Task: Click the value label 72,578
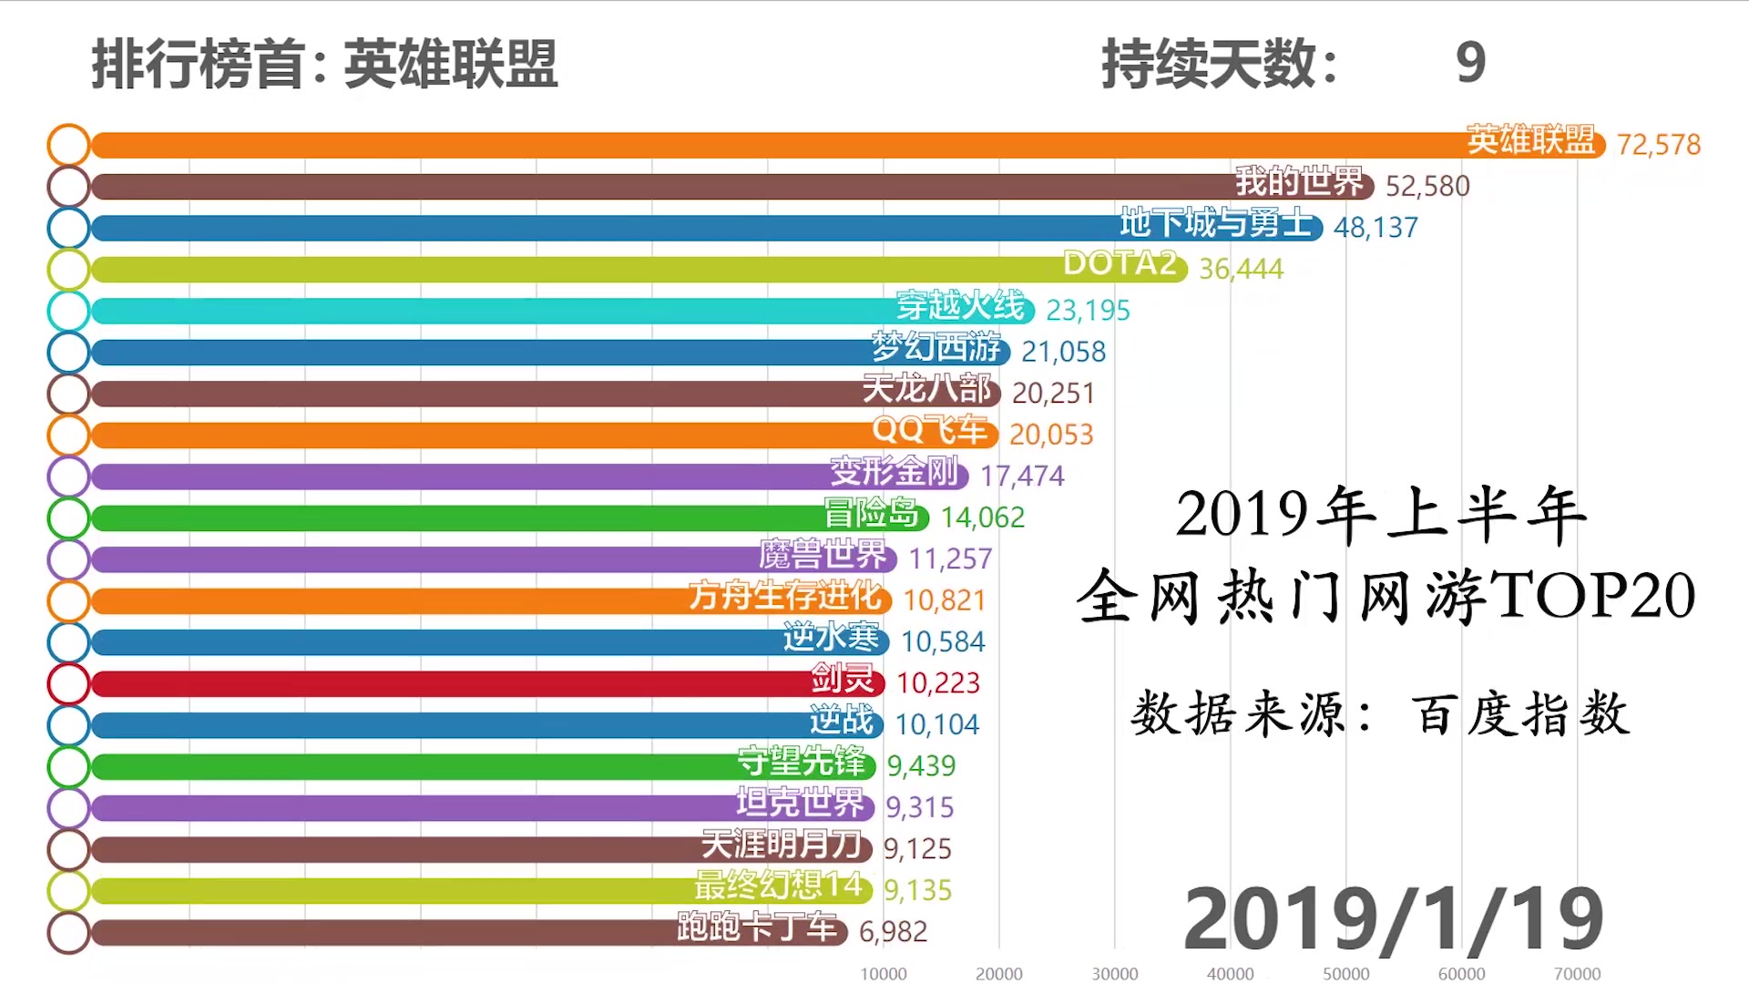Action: coord(1658,145)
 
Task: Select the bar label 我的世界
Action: coord(1299,182)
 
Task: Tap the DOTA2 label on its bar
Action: coord(1120,263)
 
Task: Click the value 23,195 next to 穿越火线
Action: coord(1088,311)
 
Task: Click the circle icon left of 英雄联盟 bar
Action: coord(68,145)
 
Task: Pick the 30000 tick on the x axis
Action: coord(1114,974)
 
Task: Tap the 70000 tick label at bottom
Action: coord(1577,974)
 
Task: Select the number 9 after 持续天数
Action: coord(1470,63)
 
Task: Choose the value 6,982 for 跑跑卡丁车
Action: coord(893,932)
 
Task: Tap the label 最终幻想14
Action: coord(778,886)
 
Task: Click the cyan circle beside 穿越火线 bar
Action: coord(68,311)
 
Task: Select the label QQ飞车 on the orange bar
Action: coord(930,430)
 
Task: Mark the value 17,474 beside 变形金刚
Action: coord(1021,476)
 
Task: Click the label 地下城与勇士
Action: coord(1215,223)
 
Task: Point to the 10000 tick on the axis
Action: coord(883,974)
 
